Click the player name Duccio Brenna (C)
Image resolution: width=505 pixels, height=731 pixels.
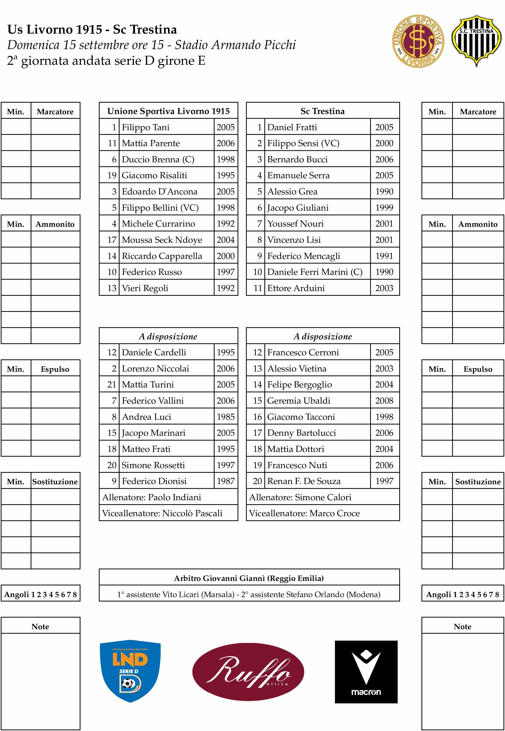tap(158, 159)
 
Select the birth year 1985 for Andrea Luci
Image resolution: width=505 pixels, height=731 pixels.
tap(225, 417)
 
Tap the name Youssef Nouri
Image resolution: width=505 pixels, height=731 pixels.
tap(295, 224)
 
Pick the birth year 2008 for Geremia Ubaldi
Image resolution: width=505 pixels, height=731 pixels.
tap(384, 401)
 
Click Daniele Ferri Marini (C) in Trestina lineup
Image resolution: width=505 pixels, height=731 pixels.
tap(314, 272)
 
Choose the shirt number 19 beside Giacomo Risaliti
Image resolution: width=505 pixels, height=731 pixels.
tap(112, 176)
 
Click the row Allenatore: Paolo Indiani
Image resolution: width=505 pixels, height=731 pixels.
tap(152, 497)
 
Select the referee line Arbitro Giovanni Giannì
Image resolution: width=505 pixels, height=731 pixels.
tap(249, 578)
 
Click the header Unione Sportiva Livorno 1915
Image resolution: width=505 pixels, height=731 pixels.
tap(168, 111)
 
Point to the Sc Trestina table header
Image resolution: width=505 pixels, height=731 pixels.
tap(323, 111)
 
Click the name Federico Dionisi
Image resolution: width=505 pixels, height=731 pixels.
tap(154, 481)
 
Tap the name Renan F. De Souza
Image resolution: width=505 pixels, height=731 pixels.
tap(304, 481)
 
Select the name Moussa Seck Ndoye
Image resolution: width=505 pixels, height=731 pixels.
tap(162, 240)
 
